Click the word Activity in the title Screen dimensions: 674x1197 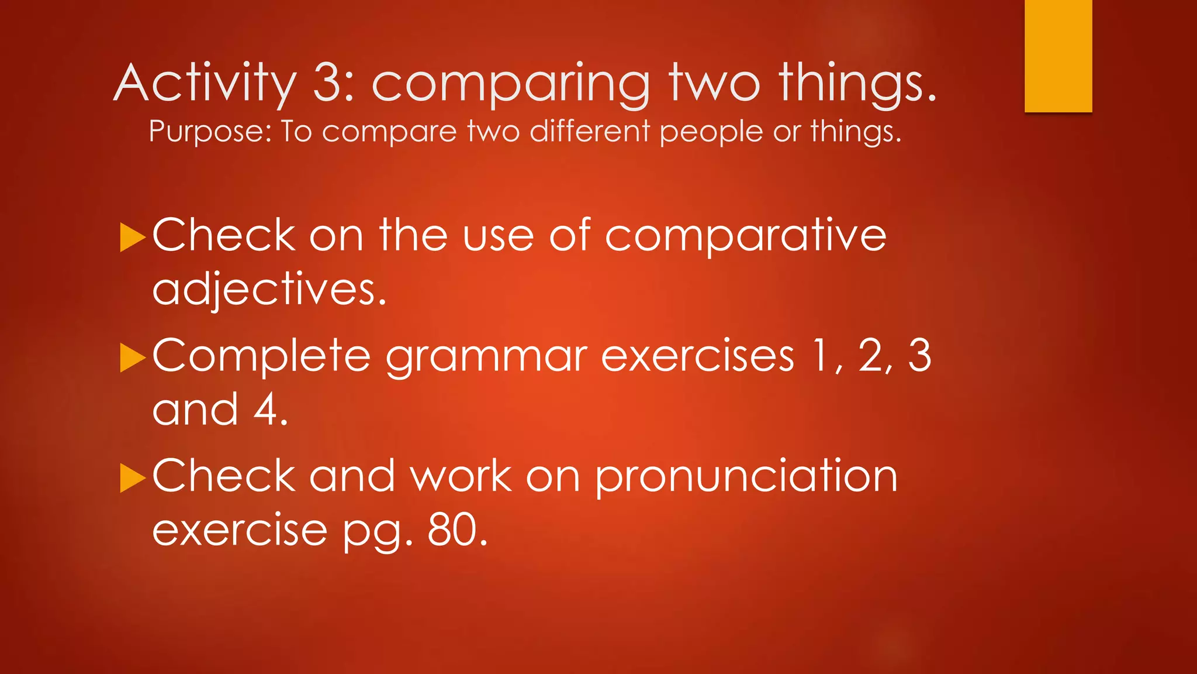tap(205, 83)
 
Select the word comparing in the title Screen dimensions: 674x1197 tap(510, 85)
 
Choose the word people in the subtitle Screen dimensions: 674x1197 tap(711, 132)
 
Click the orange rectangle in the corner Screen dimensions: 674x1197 tap(1058, 56)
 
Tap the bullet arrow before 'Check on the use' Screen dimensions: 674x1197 tap(132, 238)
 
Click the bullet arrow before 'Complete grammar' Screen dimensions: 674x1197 tap(132, 358)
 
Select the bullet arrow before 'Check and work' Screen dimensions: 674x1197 tap(132, 478)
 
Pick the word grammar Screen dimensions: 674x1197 tap(486, 357)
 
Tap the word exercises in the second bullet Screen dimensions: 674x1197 tap(697, 356)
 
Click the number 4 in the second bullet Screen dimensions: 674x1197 tap(267, 410)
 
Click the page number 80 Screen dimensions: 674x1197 tap(457, 530)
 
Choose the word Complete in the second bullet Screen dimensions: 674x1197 tap(261, 356)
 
